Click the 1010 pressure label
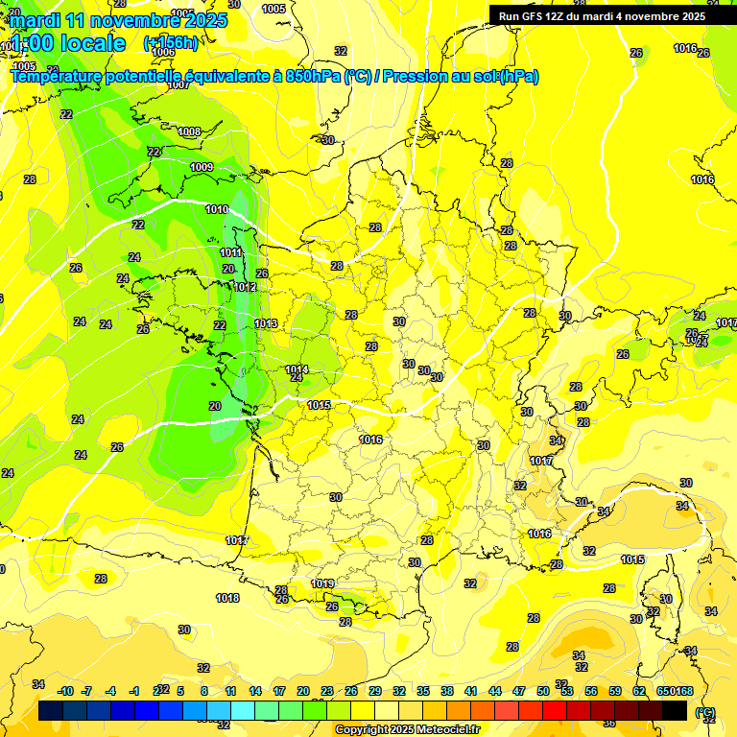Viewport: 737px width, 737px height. [217, 209]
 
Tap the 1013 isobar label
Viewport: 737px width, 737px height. [267, 323]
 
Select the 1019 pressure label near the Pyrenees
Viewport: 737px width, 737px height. [322, 583]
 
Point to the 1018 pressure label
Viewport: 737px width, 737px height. [227, 598]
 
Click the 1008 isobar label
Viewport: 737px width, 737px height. [189, 131]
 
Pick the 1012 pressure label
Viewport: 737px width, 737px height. [245, 287]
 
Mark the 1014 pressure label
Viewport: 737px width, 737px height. [297, 369]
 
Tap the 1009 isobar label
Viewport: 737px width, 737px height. [202, 167]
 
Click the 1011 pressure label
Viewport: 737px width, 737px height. [231, 252]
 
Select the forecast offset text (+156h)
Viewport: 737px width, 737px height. [171, 42]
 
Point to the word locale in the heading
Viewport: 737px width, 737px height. [93, 43]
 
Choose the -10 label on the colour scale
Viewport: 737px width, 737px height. [65, 691]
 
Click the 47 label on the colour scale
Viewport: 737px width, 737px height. [519, 691]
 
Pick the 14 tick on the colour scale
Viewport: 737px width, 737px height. [255, 691]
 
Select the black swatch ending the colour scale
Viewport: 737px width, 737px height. [675, 710]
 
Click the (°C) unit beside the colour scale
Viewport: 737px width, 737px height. [705, 712]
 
